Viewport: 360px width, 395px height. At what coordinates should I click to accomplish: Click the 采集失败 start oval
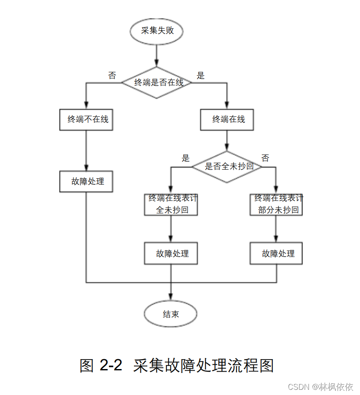157,31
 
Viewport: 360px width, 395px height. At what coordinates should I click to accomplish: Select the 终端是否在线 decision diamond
156,82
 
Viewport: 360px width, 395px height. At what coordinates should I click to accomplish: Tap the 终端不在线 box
86,120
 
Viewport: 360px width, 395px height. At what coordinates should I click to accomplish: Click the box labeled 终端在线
227,120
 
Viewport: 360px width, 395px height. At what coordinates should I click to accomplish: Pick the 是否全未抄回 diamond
227,167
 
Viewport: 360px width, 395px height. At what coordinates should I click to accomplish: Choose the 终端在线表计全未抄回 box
172,204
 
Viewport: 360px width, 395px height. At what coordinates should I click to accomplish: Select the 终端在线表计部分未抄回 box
277,204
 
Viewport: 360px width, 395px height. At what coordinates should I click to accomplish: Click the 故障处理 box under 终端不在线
86,181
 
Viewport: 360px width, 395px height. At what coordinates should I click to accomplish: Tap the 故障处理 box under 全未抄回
172,254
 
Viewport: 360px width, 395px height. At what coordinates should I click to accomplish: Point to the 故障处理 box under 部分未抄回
277,254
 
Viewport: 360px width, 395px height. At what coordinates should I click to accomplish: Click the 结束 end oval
171,315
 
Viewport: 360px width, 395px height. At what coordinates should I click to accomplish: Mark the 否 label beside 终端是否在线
112,76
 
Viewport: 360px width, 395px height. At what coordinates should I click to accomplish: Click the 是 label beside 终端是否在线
201,76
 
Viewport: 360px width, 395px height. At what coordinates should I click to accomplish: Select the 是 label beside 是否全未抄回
186,158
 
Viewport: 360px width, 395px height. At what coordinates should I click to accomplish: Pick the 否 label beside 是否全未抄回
265,158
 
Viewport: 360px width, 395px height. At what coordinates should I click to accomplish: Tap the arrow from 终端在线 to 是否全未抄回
227,141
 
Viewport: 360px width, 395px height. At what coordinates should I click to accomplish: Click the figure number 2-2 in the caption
111,366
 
